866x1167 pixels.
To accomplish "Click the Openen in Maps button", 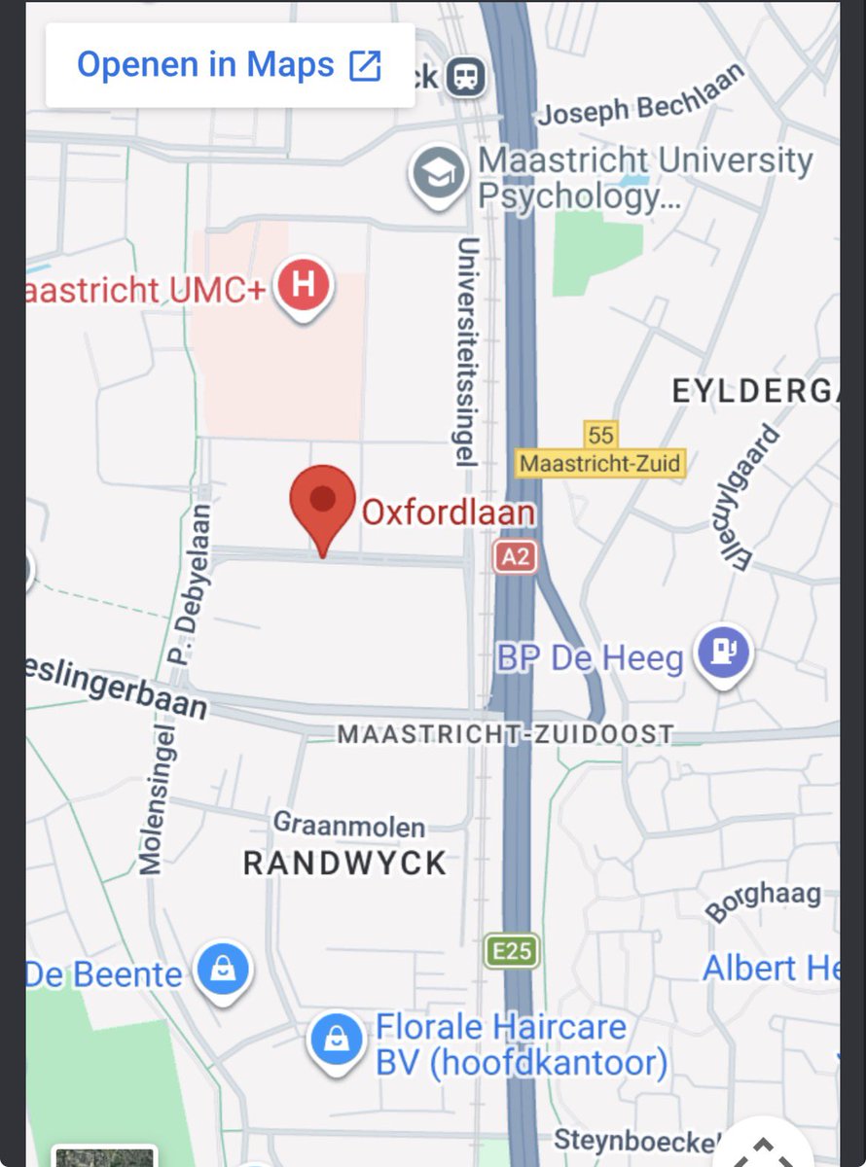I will click(x=230, y=66).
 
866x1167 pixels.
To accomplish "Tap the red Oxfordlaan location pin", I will click(x=323, y=506).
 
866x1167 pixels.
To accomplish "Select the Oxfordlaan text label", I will click(x=448, y=512).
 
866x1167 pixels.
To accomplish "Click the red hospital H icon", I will click(x=304, y=286).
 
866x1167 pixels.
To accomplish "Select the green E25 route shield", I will click(x=511, y=950).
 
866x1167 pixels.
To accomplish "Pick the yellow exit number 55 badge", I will click(x=600, y=434).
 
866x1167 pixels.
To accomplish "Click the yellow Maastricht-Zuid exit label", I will click(x=600, y=463).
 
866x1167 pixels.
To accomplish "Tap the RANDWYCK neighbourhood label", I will click(x=344, y=863).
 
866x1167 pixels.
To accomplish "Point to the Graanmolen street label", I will click(x=349, y=826).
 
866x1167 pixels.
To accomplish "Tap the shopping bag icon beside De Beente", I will click(x=223, y=971).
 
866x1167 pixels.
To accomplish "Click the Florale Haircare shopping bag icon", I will click(x=337, y=1039).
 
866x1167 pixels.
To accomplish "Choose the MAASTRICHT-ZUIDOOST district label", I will click(x=505, y=735).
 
